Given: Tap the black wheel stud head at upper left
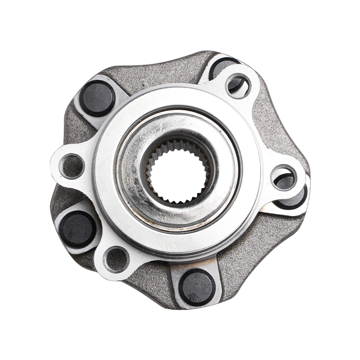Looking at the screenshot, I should coord(97,99).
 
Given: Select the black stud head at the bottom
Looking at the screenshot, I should coord(197,287).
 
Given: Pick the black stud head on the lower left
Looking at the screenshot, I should coord(77,229).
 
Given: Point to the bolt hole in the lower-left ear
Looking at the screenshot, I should coord(117,259).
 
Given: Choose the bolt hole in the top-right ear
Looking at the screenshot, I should coord(237,84).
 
